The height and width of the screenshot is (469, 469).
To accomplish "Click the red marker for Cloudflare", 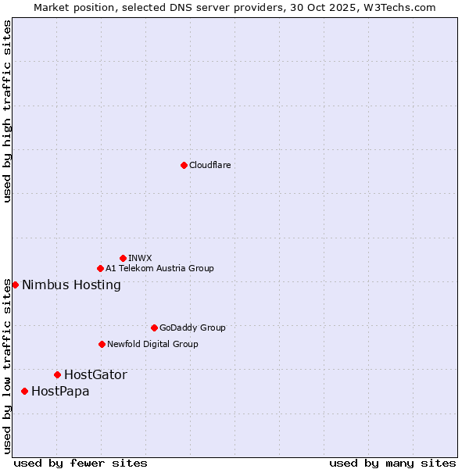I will [184, 165].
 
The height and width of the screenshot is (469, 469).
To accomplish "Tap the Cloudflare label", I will [209, 165].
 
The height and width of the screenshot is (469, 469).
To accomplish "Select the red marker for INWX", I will [123, 258].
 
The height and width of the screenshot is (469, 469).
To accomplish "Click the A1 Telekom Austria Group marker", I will [100, 268].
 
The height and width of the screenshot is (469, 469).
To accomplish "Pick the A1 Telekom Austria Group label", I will [159, 268].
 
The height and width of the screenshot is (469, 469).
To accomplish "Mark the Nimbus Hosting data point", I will [15, 285].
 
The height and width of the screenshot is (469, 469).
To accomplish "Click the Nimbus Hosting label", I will [71, 285].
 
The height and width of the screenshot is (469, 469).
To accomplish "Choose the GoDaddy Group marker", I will [154, 328].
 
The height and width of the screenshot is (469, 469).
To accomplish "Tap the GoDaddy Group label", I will [192, 328].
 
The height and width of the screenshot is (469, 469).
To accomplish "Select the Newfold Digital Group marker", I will [102, 344].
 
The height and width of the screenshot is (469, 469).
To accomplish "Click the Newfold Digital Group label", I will [152, 344].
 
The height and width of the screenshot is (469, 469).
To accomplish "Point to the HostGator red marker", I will [57, 374].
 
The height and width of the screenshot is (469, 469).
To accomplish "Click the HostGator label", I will [95, 374].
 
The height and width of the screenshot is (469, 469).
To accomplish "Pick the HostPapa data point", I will [24, 391].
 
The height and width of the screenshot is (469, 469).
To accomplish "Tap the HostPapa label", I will [60, 391].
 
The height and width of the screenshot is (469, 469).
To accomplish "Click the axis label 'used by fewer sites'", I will [81, 463].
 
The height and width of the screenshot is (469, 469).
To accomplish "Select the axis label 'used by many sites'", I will [392, 463].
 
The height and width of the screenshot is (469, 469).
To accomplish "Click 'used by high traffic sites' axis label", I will [7, 111].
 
